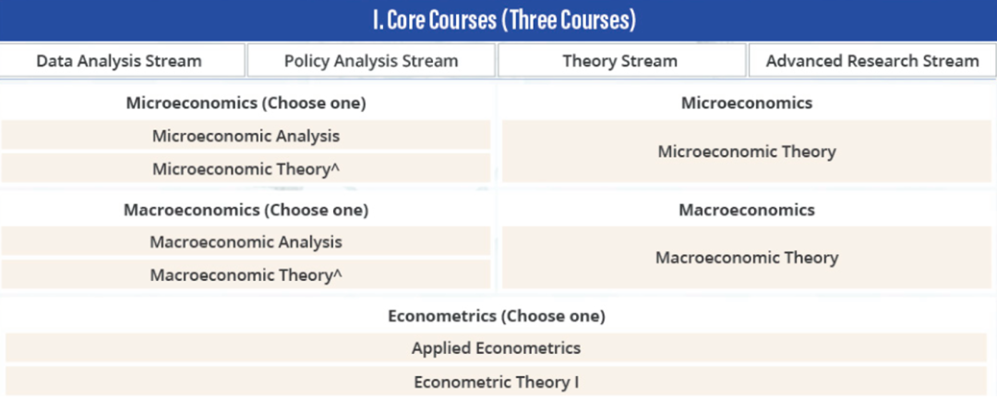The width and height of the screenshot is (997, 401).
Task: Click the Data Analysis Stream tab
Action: coord(122,61)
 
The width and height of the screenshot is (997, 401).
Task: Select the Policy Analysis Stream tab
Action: coord(371,61)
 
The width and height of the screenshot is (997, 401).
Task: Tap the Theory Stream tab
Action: coord(621,61)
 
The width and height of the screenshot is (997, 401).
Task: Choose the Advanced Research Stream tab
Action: coord(872,61)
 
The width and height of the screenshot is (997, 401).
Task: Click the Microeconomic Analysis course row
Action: coord(246,136)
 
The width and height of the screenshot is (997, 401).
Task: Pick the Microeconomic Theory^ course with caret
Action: coord(246,169)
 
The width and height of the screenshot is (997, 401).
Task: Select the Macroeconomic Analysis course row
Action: coord(246,242)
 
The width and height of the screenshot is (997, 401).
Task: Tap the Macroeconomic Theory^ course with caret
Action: coord(246,275)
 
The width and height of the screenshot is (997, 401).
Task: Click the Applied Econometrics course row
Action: coord(496,348)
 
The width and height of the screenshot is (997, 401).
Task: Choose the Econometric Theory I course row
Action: coord(496,382)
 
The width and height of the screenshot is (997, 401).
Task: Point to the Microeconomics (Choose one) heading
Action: coord(246,103)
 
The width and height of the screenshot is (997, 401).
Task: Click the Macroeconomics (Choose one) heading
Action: coord(246,210)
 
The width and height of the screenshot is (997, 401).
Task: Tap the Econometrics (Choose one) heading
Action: coord(497,316)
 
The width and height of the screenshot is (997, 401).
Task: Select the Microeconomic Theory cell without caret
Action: coord(747,152)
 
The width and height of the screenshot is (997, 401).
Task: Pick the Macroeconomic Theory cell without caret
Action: coord(747,258)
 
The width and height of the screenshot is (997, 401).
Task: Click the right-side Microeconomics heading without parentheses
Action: coord(747,103)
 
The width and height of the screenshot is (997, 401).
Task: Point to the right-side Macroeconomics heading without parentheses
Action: coord(747,210)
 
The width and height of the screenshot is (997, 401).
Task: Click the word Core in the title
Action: coord(405,21)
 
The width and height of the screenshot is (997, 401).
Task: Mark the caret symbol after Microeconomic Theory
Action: coord(336,166)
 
